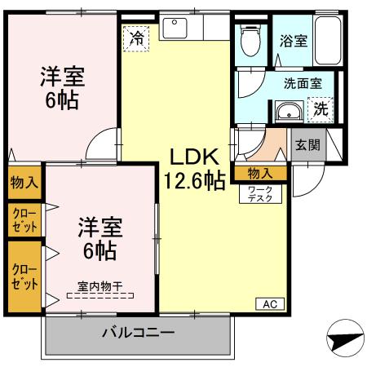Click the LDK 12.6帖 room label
point(194,169)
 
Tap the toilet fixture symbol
point(251,40)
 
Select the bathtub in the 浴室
point(328,40)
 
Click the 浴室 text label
point(294,41)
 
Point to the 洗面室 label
point(303,83)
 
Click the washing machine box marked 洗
point(321,110)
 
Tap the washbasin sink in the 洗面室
point(289,111)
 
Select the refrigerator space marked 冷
point(136,38)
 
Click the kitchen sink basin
point(175,28)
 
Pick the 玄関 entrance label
point(307,145)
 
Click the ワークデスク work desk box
point(260,194)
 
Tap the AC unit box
point(270,304)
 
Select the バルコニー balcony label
point(138,333)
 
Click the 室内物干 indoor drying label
point(100,286)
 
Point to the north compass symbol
point(345,338)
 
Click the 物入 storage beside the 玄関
point(261,174)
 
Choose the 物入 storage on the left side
point(24,183)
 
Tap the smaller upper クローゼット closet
point(24,220)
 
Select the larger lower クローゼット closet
point(24,276)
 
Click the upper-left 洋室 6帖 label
point(63,88)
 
